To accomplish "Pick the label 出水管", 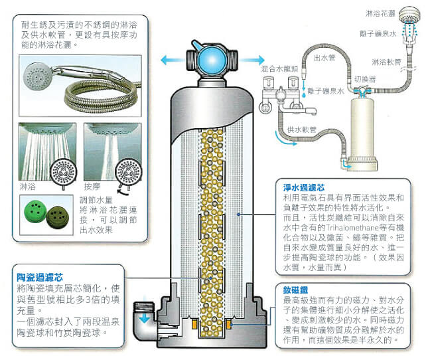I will [x=323, y=57].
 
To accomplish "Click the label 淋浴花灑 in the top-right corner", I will [x=380, y=13].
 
